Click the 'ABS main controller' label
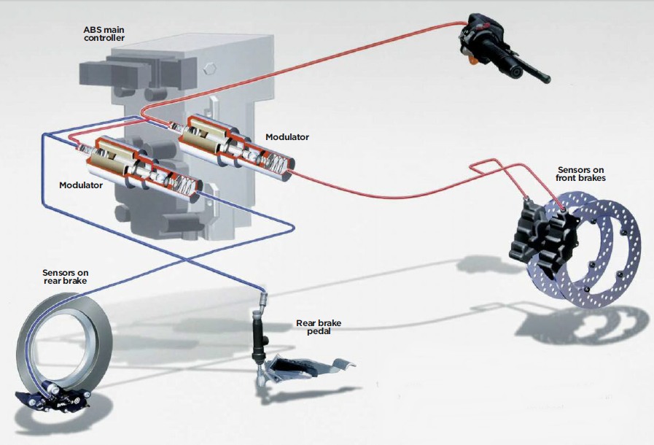pyautogui.click(x=104, y=34)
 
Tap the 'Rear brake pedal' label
pyautogui.click(x=319, y=327)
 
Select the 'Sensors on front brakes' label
pyautogui.click(x=580, y=174)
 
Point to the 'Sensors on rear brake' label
pyautogui.click(x=65, y=276)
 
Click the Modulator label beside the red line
pyautogui.click(x=287, y=137)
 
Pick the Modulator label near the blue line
pyautogui.click(x=81, y=185)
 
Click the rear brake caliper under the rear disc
pyautogui.click(x=52, y=398)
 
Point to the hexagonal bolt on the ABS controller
pyautogui.click(x=210, y=69)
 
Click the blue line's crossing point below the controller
pyautogui.click(x=187, y=260)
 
